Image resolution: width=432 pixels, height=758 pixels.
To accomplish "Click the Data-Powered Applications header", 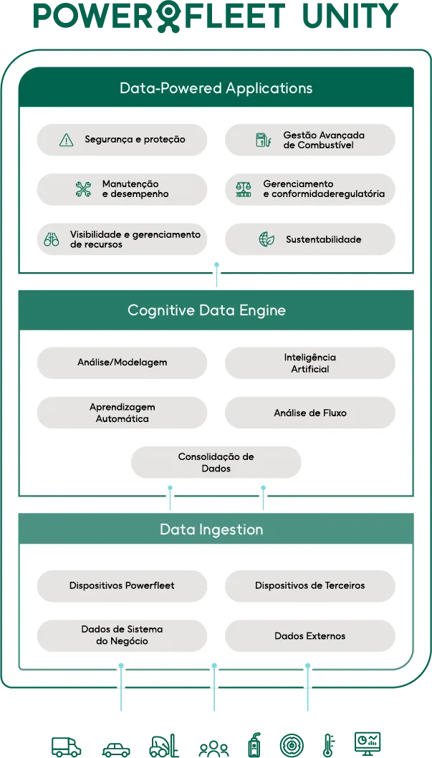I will point(216,88).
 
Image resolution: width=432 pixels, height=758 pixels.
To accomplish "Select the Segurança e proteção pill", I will point(122,140).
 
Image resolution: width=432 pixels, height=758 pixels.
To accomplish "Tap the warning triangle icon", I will point(67,140).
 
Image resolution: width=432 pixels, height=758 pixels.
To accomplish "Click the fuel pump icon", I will point(263,140).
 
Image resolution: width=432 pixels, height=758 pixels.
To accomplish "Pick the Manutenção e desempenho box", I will point(122,189).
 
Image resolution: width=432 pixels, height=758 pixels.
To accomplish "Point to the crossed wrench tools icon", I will point(83,189).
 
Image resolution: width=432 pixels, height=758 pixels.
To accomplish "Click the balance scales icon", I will point(244,189).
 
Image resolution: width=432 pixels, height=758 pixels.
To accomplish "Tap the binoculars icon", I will point(52,239).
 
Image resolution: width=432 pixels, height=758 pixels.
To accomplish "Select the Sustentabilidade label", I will point(323,239).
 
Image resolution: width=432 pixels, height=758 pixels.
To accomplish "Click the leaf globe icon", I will point(267,239).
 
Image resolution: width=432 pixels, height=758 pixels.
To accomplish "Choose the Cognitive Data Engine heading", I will point(206,310).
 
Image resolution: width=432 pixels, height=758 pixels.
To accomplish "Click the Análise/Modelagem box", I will point(122,363).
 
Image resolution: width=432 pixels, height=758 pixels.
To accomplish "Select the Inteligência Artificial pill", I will point(309,363).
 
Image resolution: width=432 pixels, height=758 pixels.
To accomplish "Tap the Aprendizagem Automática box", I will point(122,413).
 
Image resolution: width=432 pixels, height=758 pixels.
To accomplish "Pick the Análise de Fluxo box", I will point(309,413).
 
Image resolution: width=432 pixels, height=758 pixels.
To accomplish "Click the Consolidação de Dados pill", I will point(216,462).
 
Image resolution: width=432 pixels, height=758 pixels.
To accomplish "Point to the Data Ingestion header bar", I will point(211,529).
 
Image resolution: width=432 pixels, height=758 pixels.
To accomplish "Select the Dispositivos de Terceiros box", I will point(309,585).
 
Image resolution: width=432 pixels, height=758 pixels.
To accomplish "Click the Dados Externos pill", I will point(309,635).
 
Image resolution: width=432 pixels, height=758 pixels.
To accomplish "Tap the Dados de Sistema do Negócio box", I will point(122,635).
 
